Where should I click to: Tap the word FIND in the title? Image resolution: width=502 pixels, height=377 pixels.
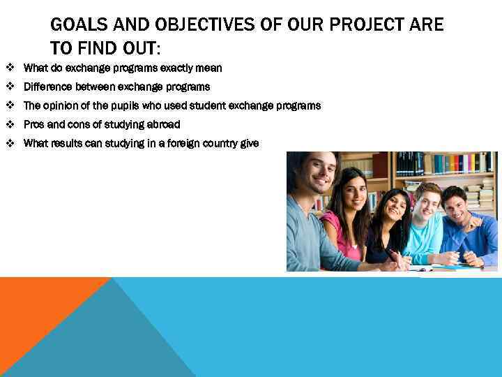(99, 48)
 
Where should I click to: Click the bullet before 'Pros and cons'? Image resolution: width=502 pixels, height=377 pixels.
(10, 124)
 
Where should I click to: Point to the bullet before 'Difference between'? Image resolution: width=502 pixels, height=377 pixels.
(10, 87)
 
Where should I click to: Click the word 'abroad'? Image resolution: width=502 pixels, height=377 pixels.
(162, 124)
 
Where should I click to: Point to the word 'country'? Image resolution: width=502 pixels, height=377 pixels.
(217, 143)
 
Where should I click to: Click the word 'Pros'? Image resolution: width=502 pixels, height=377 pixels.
(33, 124)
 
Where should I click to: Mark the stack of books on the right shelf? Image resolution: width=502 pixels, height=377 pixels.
(481, 195)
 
